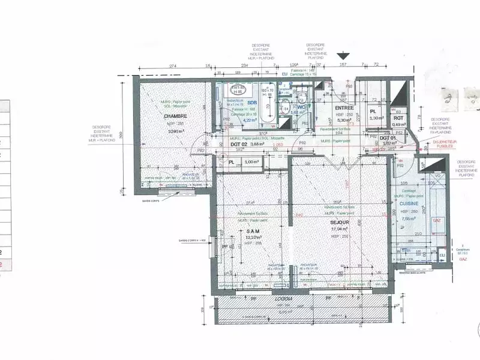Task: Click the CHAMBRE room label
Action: click(x=176, y=116)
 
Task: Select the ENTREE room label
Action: click(x=343, y=107)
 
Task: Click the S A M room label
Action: click(x=252, y=231)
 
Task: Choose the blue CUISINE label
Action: click(x=410, y=203)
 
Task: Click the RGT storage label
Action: click(x=398, y=118)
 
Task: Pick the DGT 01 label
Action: click(x=387, y=137)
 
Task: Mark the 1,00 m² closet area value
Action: click(x=251, y=161)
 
